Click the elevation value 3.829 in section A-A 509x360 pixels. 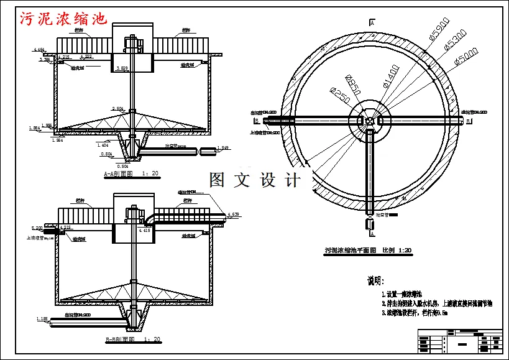pyautogui.click(x=123, y=68)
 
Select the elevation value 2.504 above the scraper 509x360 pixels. pyautogui.click(x=117, y=109)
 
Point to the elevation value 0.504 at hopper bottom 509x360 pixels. pyautogui.click(x=122, y=166)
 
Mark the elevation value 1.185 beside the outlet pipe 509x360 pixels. pyautogui.click(x=42, y=319)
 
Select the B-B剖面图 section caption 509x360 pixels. pyautogui.click(x=133, y=339)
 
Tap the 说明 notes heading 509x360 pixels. pyautogui.click(x=376, y=281)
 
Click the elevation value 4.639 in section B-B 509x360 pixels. pyautogui.click(x=233, y=215)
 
